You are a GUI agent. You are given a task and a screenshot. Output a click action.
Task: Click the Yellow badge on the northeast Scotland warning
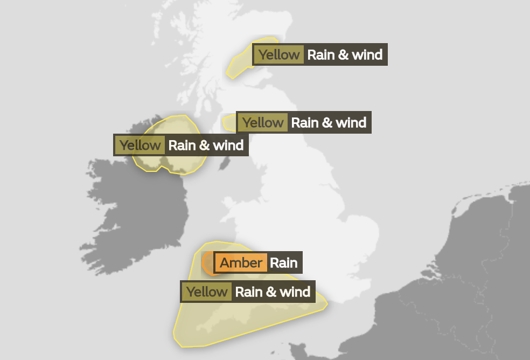[x=278, y=54]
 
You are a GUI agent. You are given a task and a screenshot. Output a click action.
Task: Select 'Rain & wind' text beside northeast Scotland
[x=345, y=54]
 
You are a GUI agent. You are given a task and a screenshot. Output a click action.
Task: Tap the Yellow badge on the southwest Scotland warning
[x=262, y=122]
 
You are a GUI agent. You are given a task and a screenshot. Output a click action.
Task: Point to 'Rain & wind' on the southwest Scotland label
[x=329, y=122]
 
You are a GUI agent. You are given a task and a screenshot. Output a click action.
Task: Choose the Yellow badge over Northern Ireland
[x=140, y=145]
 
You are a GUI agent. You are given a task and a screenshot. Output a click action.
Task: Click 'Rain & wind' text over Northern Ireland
[x=206, y=145]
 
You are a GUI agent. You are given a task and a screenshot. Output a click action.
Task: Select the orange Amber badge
[x=241, y=263]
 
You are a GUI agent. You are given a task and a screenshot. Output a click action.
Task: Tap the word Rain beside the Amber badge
[x=283, y=263]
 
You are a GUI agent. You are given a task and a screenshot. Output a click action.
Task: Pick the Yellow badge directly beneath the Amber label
[x=207, y=292]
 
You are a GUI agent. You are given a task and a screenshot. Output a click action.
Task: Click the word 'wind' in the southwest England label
[x=296, y=292]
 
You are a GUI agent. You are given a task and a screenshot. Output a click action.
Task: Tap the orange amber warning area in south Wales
[x=207, y=264]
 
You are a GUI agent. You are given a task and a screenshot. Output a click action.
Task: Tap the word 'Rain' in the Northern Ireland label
[x=181, y=145]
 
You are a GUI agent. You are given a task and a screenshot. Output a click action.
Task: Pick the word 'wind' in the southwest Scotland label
[x=352, y=122]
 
